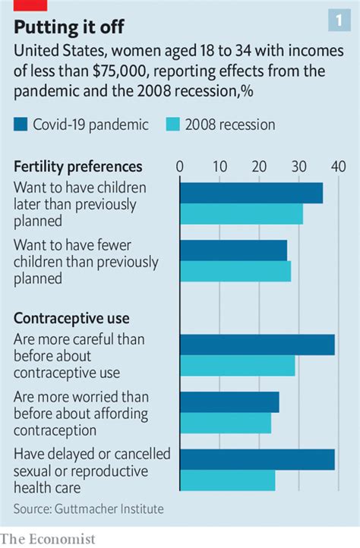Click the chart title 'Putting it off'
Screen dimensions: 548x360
[x=69, y=28]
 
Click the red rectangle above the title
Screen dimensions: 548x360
[x=30, y=5]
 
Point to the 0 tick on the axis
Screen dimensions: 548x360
[x=179, y=166]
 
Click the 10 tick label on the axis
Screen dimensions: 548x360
[x=219, y=166]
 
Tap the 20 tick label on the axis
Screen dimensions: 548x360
[x=259, y=166]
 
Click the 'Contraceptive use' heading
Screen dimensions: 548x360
[x=71, y=318]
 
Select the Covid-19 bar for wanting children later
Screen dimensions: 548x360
[x=251, y=194]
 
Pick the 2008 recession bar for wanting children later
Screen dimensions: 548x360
[x=241, y=215]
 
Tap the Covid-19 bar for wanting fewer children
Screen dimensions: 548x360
[x=233, y=250]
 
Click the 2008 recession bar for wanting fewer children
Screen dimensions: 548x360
[x=235, y=271]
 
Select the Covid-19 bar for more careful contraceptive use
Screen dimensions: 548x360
[x=257, y=345]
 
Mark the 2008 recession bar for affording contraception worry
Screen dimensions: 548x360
[x=225, y=423]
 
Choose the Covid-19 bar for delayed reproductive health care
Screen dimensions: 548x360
[x=257, y=459]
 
